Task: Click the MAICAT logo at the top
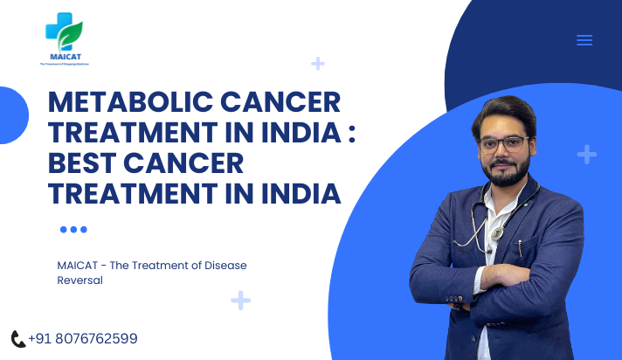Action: click(64, 39)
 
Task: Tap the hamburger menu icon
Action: click(584, 40)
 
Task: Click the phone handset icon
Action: click(17, 339)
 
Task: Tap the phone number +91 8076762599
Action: click(83, 339)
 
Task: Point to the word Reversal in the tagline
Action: click(79, 280)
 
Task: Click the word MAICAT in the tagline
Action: click(78, 266)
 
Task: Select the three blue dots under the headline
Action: click(73, 230)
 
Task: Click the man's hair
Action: click(499, 109)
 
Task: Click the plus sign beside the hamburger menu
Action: click(318, 63)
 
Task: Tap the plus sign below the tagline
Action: click(240, 301)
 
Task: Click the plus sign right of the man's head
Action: click(587, 155)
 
